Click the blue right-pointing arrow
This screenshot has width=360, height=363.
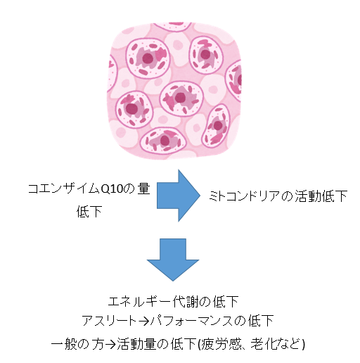click(179, 196)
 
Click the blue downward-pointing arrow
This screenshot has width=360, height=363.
click(173, 260)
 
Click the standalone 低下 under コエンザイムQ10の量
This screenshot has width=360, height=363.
click(89, 212)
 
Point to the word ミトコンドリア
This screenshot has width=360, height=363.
click(245, 196)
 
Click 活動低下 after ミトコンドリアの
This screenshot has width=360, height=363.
click(321, 196)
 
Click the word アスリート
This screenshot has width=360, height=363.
click(109, 320)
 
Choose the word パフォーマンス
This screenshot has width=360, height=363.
click(192, 320)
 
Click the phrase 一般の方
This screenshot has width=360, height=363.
click(77, 344)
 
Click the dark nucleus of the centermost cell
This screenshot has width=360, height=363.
click(180, 97)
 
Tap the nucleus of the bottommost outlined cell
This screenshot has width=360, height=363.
click(165, 141)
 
